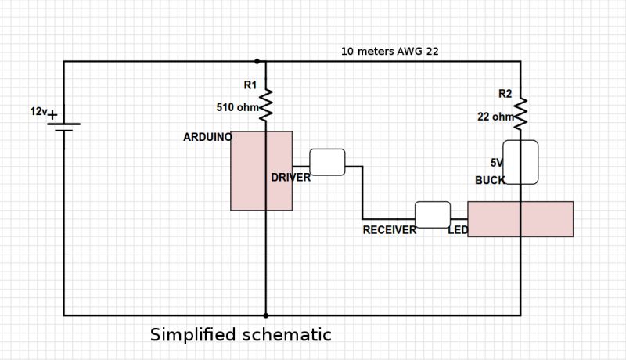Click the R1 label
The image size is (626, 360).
coord(250,85)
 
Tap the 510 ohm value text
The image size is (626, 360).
coord(237,107)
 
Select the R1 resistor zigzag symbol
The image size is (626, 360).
coord(265,105)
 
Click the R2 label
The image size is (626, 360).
coord(505,94)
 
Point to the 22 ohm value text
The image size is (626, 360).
coord(495,117)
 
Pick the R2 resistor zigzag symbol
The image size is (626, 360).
coord(520,114)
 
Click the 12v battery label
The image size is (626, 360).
coord(38,112)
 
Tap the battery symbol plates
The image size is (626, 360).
coord(63,126)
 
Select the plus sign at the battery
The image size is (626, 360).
coord(53,116)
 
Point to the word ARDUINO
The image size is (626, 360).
coord(207,137)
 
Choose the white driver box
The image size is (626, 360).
coord(327,162)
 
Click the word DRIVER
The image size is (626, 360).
coord(290,178)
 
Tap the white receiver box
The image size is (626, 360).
coord(432,214)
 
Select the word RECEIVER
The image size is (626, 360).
coord(389,230)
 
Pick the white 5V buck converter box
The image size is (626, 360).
coord(520,162)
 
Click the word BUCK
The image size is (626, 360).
coord(490,180)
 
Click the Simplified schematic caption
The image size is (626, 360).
coord(241,335)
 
